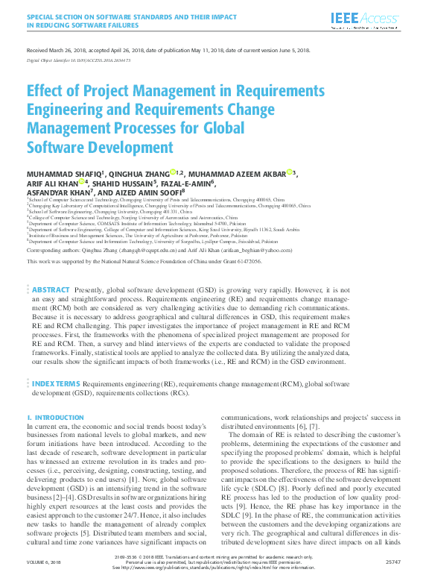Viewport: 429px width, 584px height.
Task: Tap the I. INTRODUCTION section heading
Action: coord(51,418)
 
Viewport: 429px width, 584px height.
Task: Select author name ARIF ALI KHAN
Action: coord(54,183)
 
